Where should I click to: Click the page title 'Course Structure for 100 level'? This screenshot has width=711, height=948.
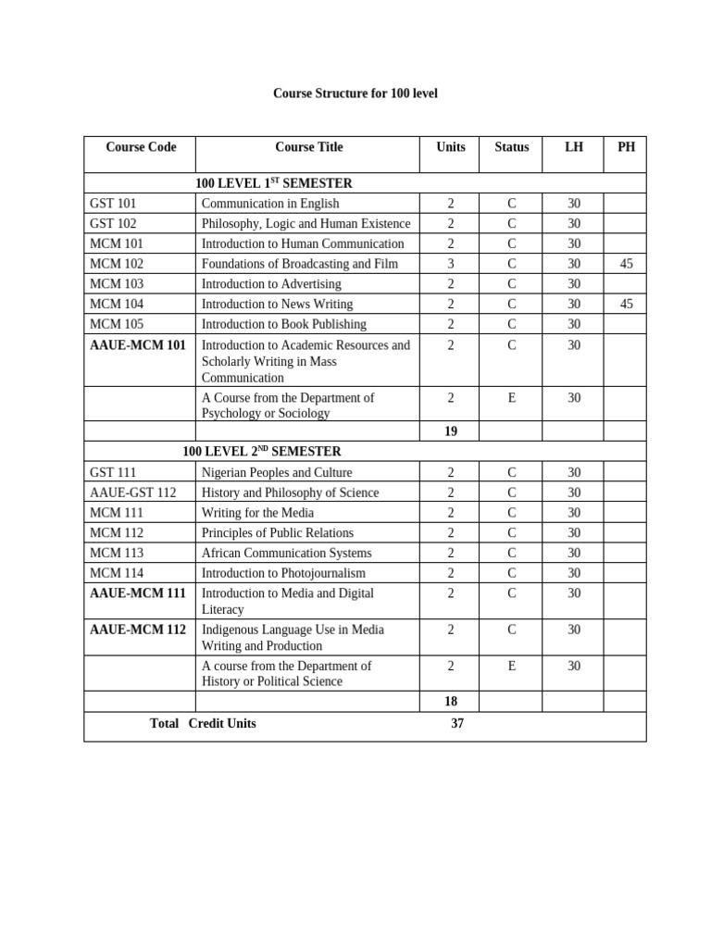click(x=355, y=94)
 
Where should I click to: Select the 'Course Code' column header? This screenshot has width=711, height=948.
click(x=141, y=147)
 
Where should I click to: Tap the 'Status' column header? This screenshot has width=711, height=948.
click(x=512, y=147)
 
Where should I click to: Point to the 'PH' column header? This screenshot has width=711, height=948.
click(x=626, y=147)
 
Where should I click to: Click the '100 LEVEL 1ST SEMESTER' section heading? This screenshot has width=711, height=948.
click(x=274, y=183)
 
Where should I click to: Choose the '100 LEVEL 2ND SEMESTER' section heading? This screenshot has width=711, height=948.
click(x=262, y=452)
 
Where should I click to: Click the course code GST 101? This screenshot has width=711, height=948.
click(x=113, y=204)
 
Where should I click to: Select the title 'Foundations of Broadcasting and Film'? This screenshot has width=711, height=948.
click(x=300, y=264)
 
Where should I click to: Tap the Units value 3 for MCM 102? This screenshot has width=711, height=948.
click(x=451, y=264)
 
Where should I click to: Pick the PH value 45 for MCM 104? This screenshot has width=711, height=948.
click(x=626, y=304)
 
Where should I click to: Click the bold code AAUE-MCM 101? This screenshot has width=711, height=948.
click(x=138, y=345)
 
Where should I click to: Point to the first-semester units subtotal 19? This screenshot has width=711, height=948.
click(x=451, y=431)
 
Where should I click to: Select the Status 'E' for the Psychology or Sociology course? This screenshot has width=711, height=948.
click(x=512, y=398)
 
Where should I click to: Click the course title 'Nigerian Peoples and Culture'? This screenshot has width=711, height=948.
click(x=277, y=472)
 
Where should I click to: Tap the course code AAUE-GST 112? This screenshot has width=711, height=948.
click(x=132, y=493)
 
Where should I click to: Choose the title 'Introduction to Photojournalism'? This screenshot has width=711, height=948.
click(x=283, y=573)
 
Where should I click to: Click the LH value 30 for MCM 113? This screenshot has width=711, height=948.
click(x=574, y=553)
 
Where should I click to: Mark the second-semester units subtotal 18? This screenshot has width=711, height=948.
click(x=451, y=702)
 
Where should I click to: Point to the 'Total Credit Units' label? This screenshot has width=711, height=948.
click(x=203, y=723)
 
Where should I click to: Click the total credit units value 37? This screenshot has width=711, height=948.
click(x=457, y=723)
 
